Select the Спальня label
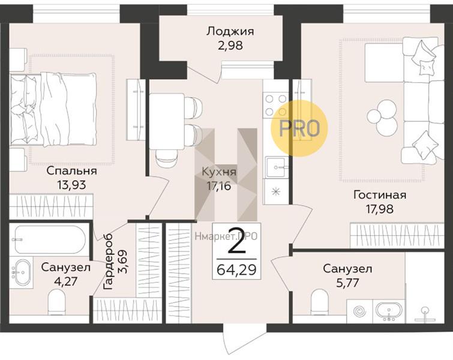pos(71,171)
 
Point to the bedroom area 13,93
pos(71,185)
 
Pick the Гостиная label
pos(380,195)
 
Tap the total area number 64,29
pos(237,269)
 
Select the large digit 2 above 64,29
pos(238,245)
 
